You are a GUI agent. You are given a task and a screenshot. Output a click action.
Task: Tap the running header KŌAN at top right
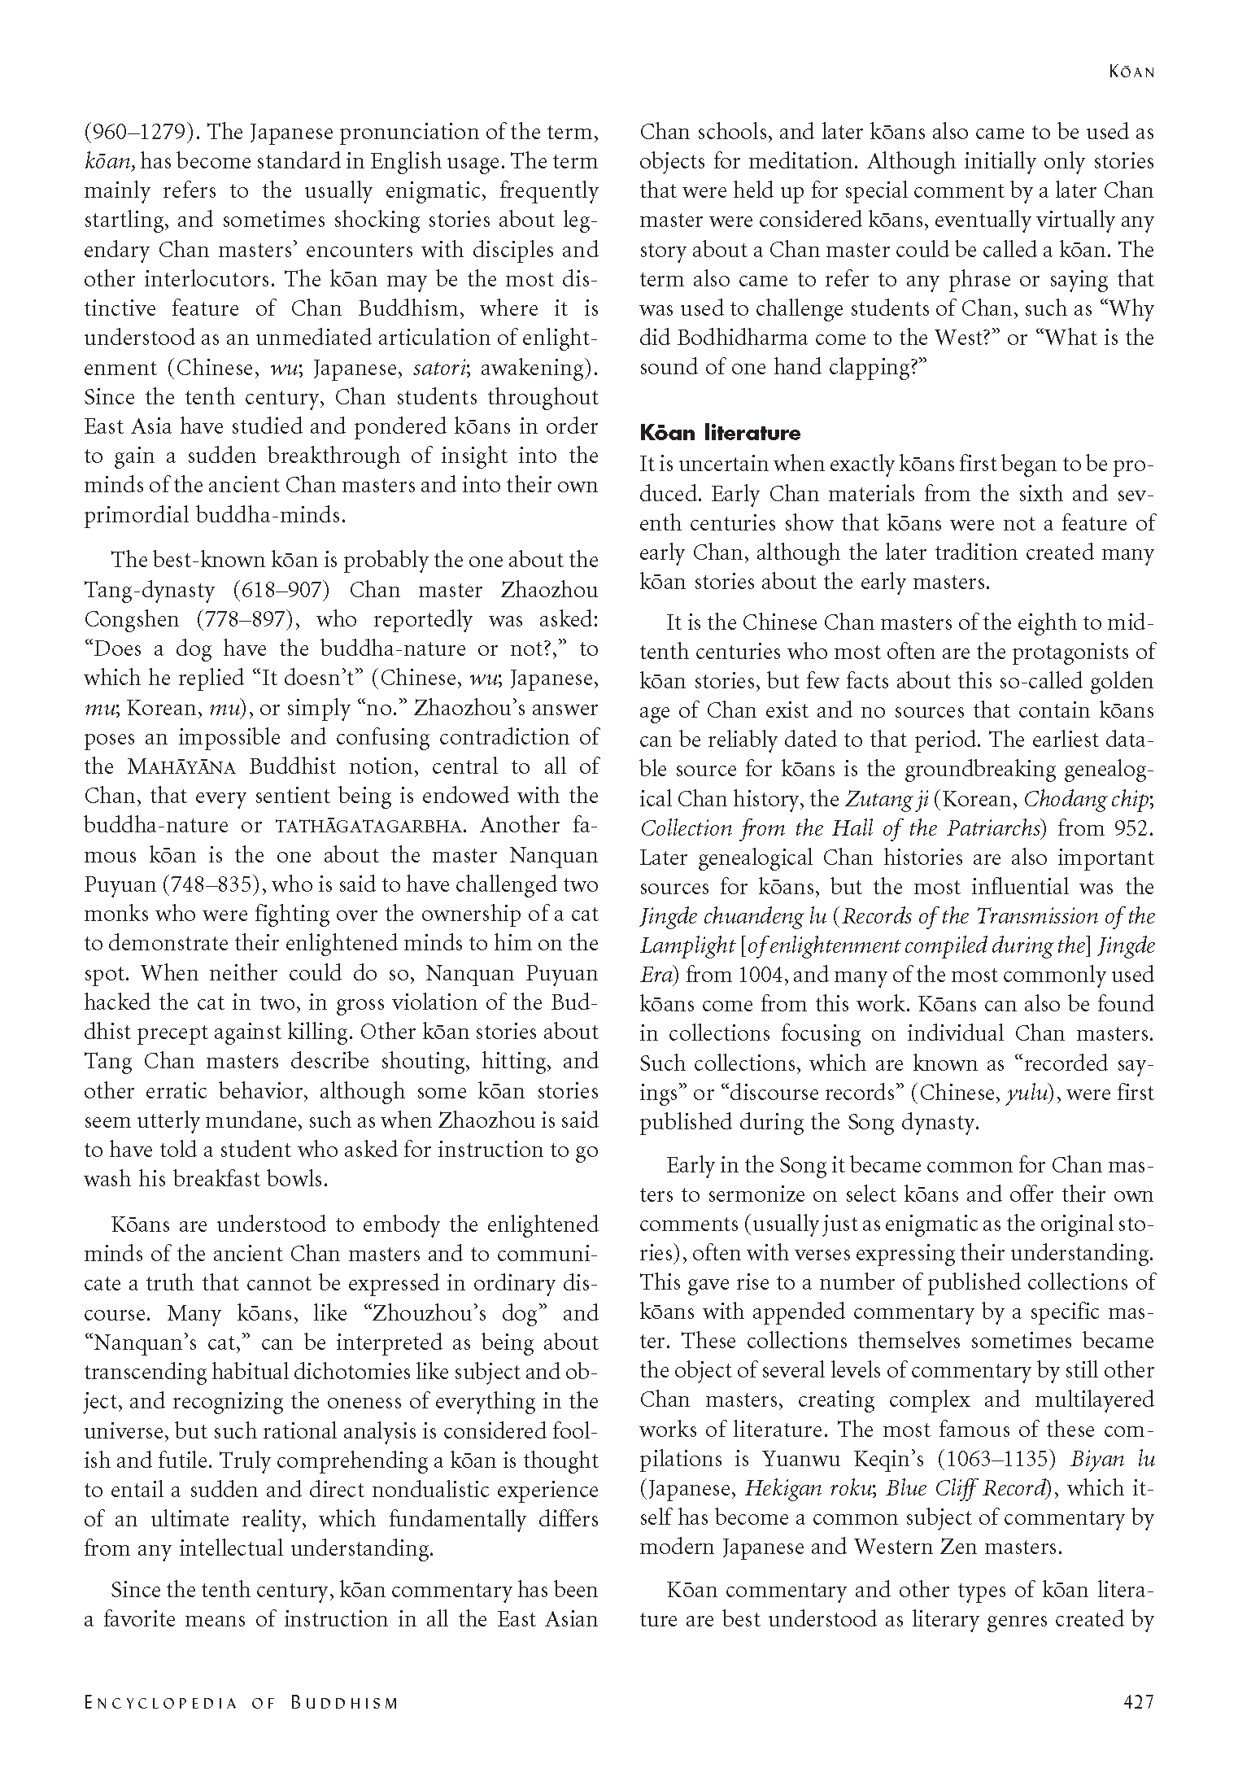1131,72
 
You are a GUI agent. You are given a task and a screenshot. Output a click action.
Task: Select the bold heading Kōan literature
720,433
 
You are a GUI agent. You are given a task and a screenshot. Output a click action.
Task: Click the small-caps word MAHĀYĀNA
182,767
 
